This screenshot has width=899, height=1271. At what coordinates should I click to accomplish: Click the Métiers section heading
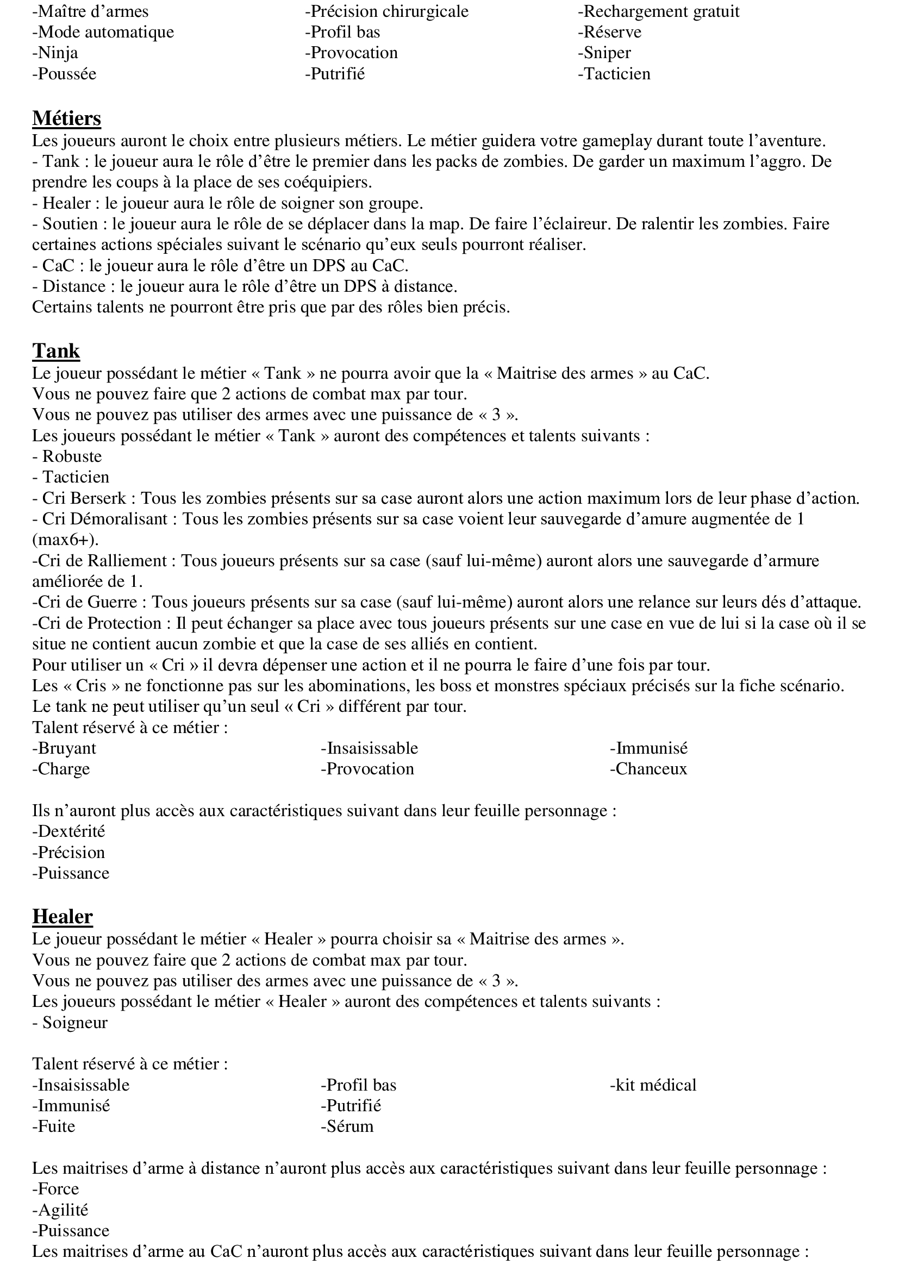[66, 118]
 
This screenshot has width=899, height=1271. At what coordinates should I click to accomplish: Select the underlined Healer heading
[62, 916]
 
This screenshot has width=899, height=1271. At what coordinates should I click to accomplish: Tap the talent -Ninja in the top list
[55, 53]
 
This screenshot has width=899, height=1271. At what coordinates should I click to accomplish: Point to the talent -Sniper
[604, 53]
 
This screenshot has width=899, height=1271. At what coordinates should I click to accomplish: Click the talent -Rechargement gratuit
[658, 11]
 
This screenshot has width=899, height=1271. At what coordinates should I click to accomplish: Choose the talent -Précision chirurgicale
[386, 11]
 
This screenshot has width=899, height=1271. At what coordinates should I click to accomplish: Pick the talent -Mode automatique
[103, 32]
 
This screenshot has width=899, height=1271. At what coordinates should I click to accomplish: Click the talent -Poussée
[64, 74]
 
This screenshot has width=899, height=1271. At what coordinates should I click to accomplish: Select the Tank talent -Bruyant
[64, 748]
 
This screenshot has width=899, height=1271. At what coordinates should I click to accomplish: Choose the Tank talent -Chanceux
[648, 769]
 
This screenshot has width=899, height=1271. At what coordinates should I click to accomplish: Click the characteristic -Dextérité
[68, 831]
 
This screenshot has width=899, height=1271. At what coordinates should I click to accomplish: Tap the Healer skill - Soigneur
[70, 1023]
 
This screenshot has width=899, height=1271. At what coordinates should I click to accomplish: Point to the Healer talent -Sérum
[347, 1126]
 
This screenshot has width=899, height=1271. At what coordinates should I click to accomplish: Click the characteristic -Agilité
[60, 1210]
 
